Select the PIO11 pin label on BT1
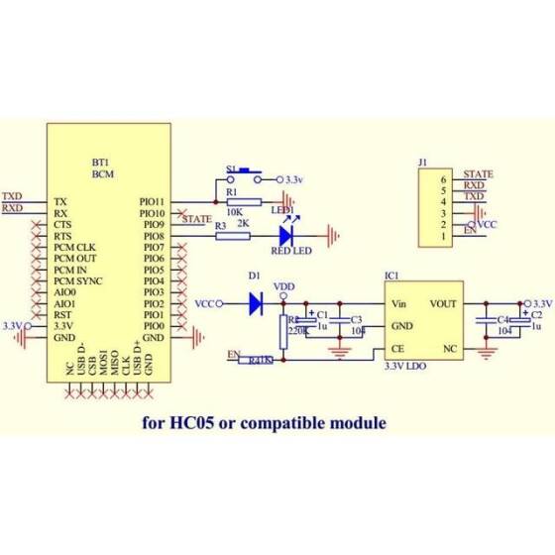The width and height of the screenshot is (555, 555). (x=153, y=200)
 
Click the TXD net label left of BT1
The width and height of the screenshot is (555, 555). (x=13, y=196)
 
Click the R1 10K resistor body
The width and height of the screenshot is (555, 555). (x=242, y=201)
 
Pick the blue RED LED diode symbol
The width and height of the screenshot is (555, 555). (x=288, y=235)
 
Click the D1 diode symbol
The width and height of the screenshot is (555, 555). (x=255, y=302)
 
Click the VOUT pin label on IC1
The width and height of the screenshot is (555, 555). (x=443, y=303)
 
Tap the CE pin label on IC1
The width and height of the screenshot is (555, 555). (x=396, y=349)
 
